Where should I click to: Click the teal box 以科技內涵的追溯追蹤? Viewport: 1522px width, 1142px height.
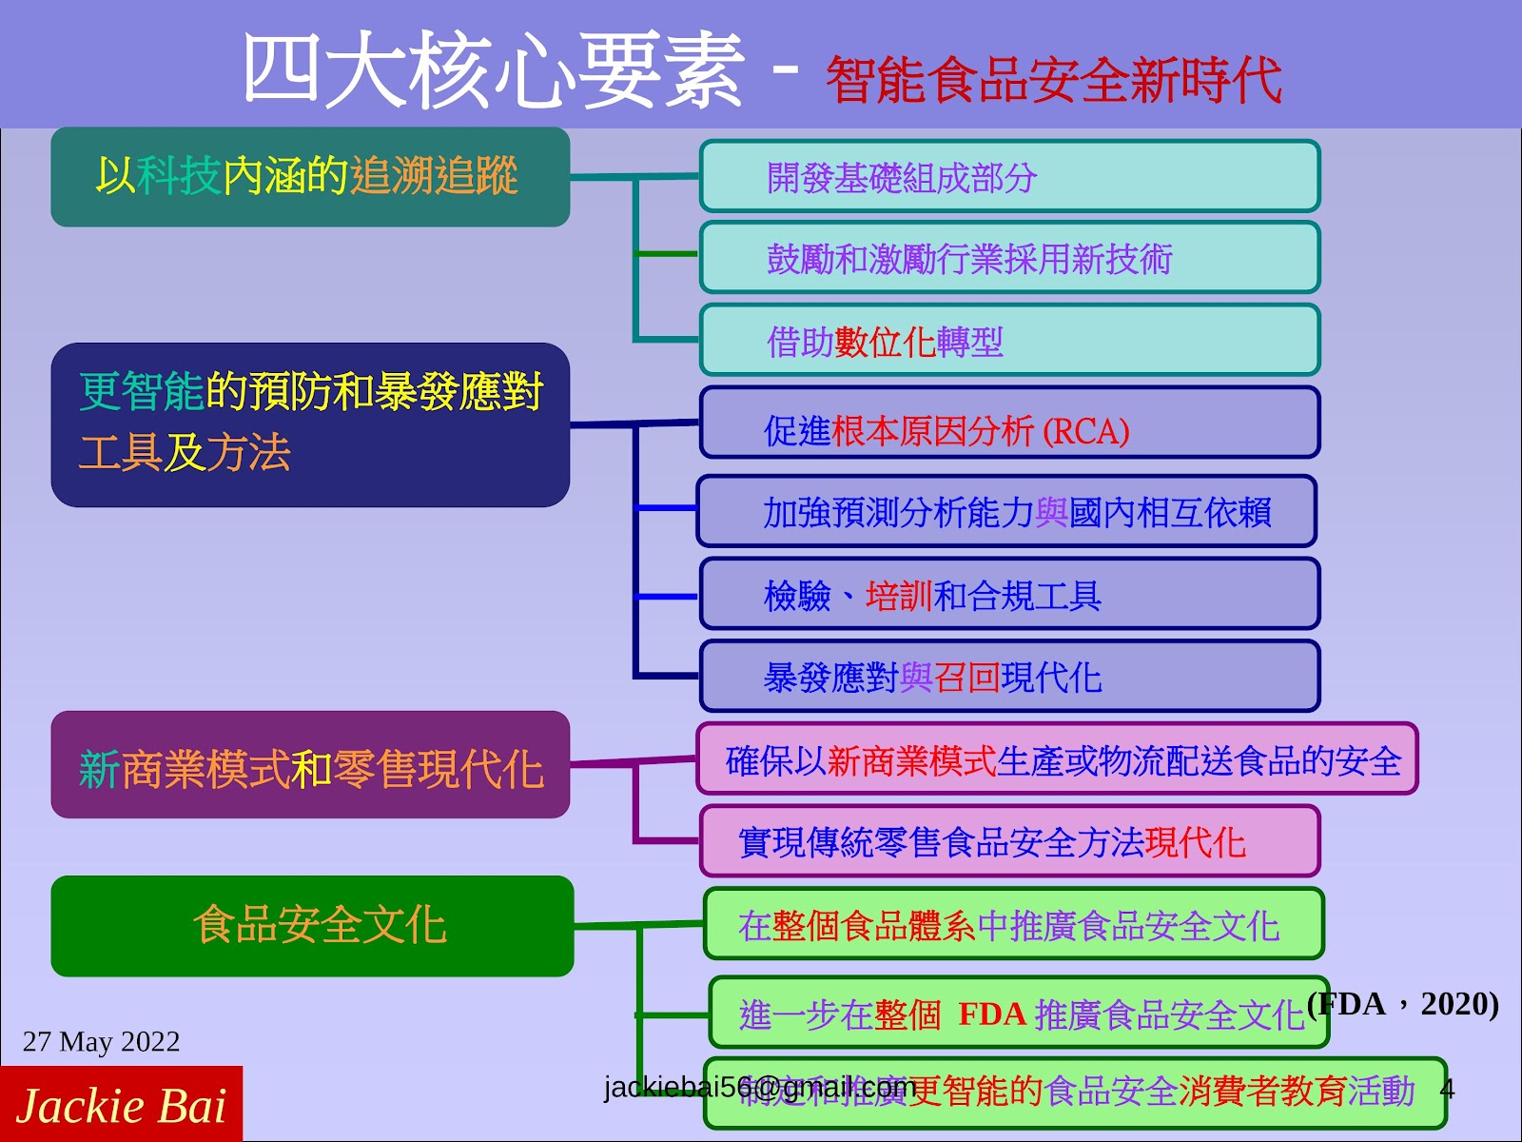(x=310, y=177)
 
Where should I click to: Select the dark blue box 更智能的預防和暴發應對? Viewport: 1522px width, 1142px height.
(x=310, y=424)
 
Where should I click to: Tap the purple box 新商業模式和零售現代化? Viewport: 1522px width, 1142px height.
(x=310, y=766)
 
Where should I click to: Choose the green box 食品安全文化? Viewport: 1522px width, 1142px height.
(x=312, y=926)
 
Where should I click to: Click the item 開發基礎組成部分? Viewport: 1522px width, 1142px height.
(x=1009, y=177)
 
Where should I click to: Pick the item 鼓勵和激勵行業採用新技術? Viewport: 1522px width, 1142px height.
(x=1009, y=258)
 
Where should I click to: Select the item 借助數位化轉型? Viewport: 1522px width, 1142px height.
(x=1009, y=341)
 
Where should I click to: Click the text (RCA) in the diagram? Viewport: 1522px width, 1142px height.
(x=1085, y=432)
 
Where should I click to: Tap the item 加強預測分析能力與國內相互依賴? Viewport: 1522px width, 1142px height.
(x=1006, y=512)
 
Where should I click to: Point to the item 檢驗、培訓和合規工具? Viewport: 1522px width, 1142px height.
(x=1009, y=595)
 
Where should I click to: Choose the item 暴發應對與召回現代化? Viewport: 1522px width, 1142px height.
(x=1009, y=677)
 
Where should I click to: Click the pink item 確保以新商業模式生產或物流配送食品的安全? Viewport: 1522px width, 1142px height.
(x=1057, y=759)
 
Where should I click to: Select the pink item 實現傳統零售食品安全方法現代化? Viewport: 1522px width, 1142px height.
(x=1009, y=841)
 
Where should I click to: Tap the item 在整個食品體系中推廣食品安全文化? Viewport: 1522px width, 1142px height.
(x=1013, y=924)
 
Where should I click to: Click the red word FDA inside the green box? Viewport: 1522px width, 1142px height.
(x=991, y=1014)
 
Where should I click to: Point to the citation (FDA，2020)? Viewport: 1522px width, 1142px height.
(x=1403, y=1004)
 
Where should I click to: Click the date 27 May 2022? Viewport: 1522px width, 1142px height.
(x=101, y=1041)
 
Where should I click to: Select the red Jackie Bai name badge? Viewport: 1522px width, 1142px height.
(x=121, y=1105)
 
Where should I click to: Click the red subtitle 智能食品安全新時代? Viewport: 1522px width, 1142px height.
(x=1053, y=80)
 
